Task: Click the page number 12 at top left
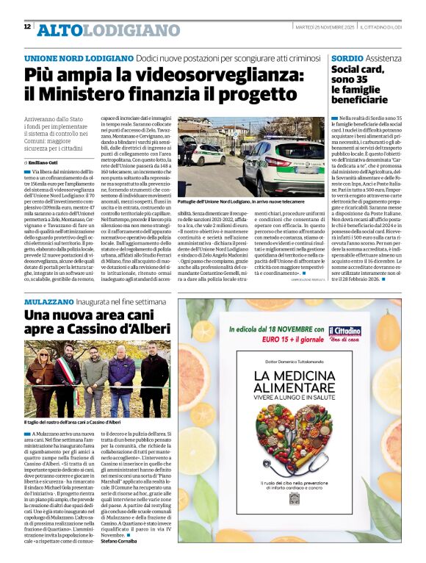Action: pyautogui.click(x=26, y=26)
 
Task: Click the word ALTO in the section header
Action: pyautogui.click(x=58, y=30)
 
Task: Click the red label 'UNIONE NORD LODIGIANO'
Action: pyautogui.click(x=68, y=58)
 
